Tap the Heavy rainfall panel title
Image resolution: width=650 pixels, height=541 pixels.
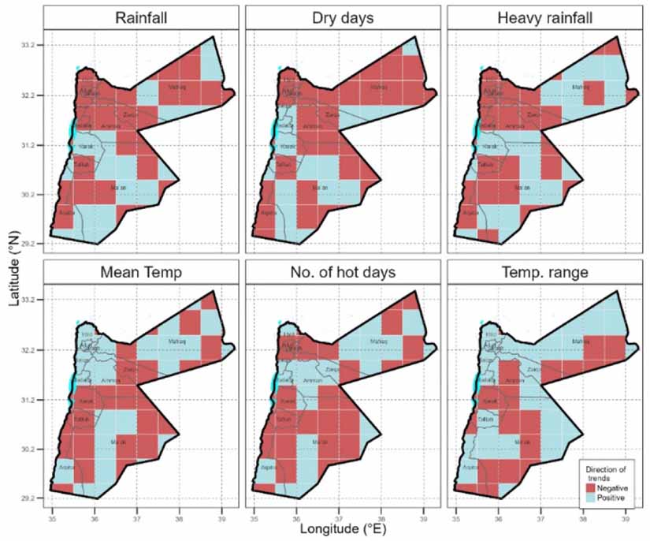point(544,18)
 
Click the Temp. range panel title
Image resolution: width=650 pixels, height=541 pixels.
point(544,272)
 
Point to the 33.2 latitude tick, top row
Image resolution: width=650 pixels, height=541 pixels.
point(32,47)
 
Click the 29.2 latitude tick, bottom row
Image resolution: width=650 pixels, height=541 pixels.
point(32,498)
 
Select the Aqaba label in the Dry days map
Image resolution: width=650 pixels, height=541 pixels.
point(269,213)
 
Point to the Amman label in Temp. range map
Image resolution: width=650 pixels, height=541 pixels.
point(516,380)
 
